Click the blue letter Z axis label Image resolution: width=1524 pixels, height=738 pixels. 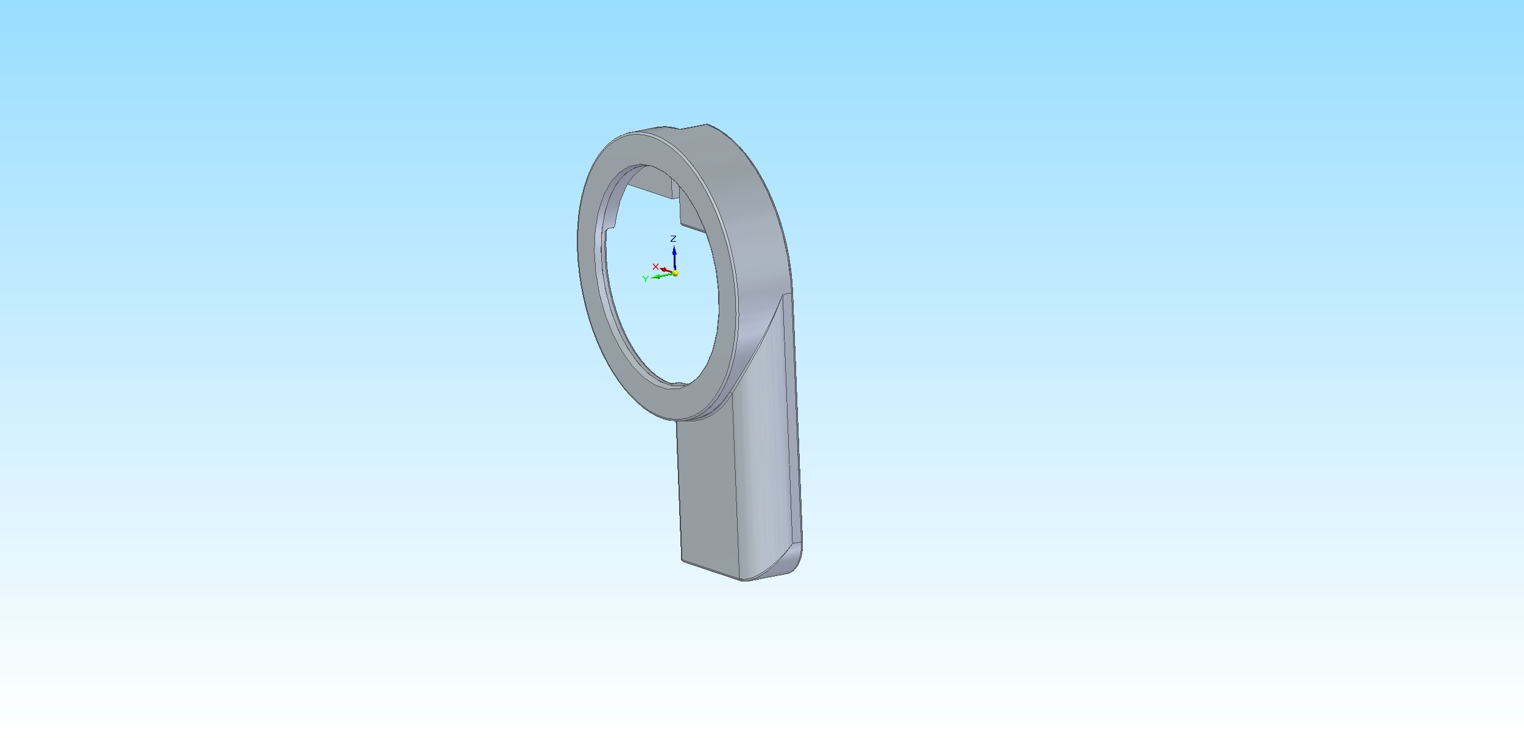coord(673,239)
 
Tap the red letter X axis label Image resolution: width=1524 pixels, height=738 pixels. coord(655,267)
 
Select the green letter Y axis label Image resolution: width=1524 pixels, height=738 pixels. coord(646,279)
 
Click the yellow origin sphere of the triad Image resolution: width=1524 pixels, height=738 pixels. coord(675,273)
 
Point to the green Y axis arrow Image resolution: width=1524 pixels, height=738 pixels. coord(661,276)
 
